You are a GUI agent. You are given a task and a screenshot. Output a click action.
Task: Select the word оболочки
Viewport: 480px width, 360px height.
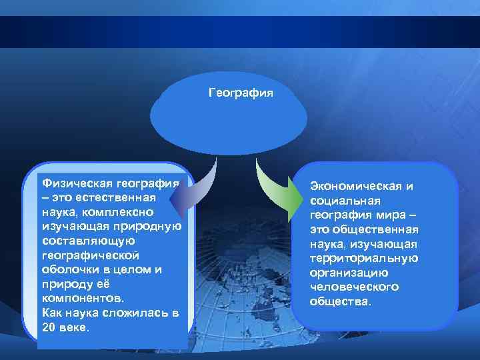(68, 269)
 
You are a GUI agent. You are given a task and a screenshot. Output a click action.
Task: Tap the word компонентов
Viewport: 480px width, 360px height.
(81, 299)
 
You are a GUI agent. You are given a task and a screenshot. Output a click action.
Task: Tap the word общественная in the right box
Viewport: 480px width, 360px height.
(376, 229)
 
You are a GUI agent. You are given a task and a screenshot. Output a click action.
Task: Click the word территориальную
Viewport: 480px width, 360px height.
(364, 258)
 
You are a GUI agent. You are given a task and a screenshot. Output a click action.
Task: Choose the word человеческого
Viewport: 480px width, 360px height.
(354, 287)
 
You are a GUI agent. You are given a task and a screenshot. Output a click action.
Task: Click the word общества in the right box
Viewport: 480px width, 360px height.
(339, 301)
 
